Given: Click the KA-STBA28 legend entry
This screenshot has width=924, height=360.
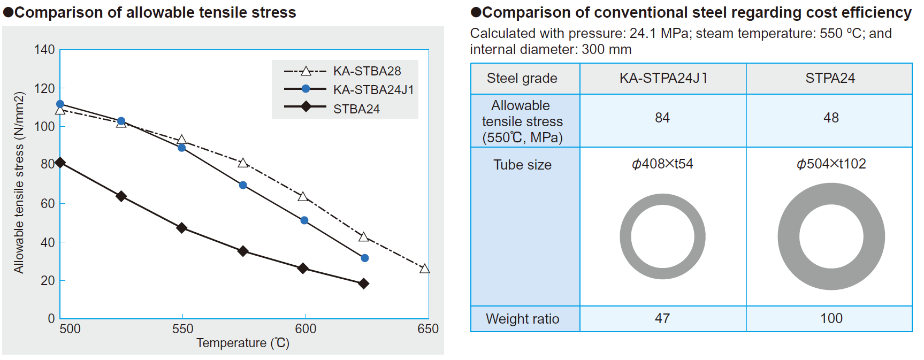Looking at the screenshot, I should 366,71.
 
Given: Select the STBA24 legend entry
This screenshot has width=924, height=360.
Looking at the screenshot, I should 356,109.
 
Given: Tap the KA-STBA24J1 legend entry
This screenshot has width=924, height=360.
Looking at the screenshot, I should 373,90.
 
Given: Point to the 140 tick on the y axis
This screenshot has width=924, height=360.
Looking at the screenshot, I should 45,50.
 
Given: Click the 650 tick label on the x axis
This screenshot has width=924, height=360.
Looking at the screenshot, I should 428,329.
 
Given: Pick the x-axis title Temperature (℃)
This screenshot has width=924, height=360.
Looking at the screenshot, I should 243,343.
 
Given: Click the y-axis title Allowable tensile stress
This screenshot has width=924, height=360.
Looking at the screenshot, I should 19,182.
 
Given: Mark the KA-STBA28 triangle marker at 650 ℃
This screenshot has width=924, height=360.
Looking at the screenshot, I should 425,269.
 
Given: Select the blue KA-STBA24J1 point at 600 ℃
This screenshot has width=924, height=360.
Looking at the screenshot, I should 304,220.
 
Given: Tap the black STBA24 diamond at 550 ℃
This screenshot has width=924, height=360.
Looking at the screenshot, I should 182,228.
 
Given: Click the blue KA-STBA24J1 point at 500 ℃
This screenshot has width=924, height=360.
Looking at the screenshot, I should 60,104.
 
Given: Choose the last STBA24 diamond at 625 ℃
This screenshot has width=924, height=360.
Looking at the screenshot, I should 364,284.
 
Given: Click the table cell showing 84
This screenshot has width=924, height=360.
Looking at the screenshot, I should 662,118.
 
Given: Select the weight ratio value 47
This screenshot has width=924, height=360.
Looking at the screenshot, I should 662,318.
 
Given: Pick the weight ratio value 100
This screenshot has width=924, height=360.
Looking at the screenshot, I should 831,318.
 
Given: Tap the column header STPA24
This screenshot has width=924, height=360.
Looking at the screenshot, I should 830,78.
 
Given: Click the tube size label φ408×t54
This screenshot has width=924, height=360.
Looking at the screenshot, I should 662,164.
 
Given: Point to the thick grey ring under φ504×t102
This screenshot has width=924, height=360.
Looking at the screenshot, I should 789,236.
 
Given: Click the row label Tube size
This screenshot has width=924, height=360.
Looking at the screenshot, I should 522,165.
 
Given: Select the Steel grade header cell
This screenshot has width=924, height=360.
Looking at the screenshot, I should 522,78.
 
